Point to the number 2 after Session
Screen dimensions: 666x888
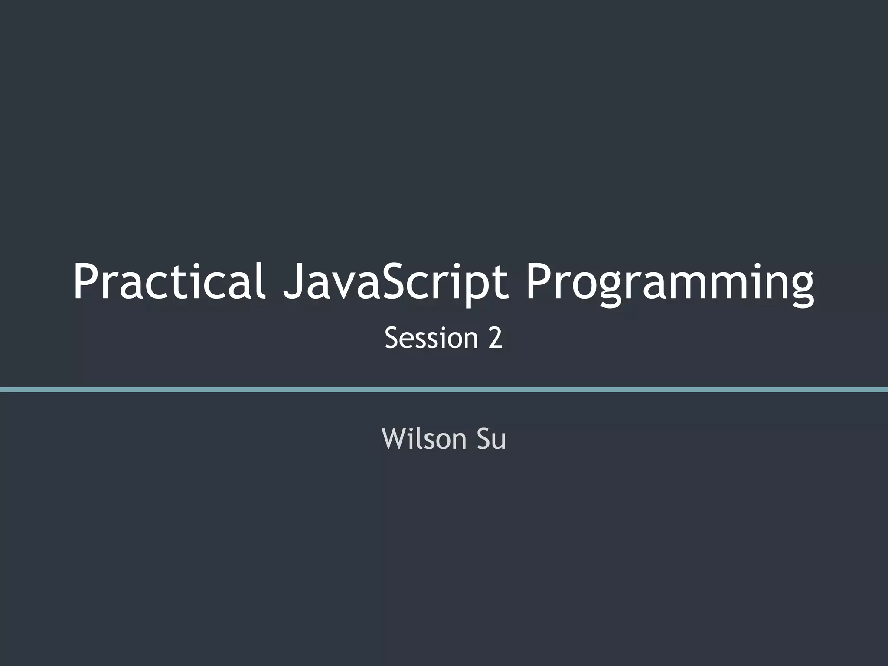coord(495,338)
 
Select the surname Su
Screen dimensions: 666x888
coord(491,438)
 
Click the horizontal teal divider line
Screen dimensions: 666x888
coord(444,389)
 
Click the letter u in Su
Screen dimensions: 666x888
coord(499,441)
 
